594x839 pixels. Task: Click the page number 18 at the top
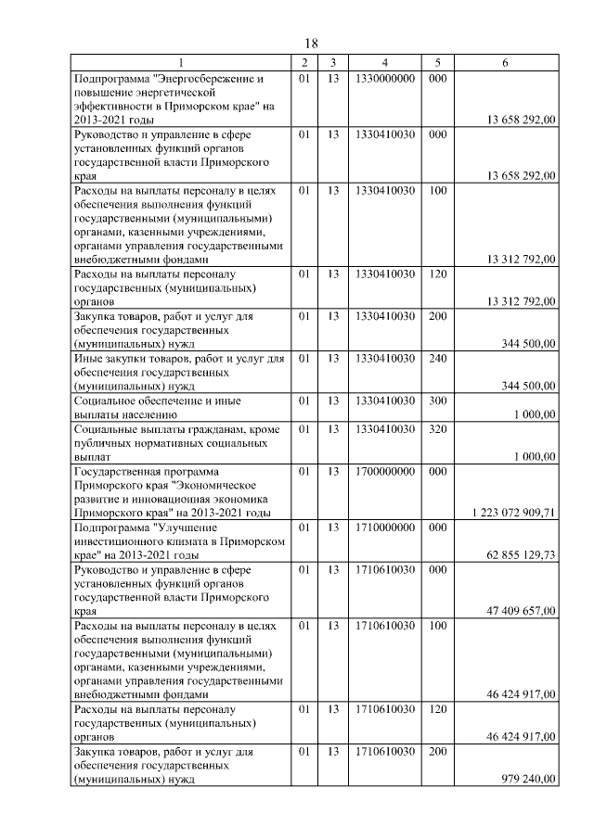tap(311, 44)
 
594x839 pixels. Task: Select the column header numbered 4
tap(384, 62)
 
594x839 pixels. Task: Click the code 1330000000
tap(384, 79)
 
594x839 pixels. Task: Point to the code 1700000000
tap(384, 471)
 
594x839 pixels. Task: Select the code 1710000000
tap(384, 527)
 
